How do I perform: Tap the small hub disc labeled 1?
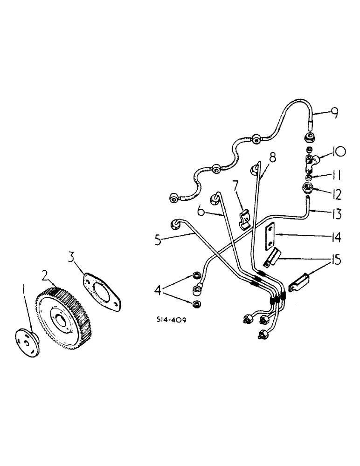[29, 344]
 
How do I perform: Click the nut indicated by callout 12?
[307, 189]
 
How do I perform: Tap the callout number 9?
[334, 112]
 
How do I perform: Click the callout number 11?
[335, 177]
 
